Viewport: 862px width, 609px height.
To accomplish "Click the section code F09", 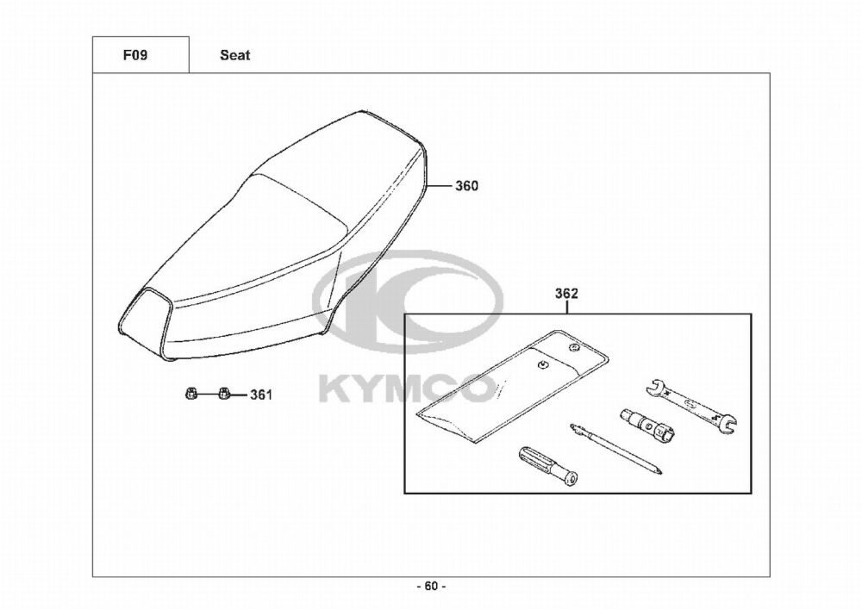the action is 134,55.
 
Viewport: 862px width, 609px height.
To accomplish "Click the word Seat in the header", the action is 234,55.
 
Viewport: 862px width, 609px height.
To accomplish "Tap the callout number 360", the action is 466,186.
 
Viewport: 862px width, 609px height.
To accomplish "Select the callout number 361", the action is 261,395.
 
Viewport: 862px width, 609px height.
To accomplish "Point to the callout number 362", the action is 566,294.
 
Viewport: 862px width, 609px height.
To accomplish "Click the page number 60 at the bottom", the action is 431,587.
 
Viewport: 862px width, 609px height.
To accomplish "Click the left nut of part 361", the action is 189,393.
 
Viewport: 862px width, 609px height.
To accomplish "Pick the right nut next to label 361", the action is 223,393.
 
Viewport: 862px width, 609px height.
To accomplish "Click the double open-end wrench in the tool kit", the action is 690,405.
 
